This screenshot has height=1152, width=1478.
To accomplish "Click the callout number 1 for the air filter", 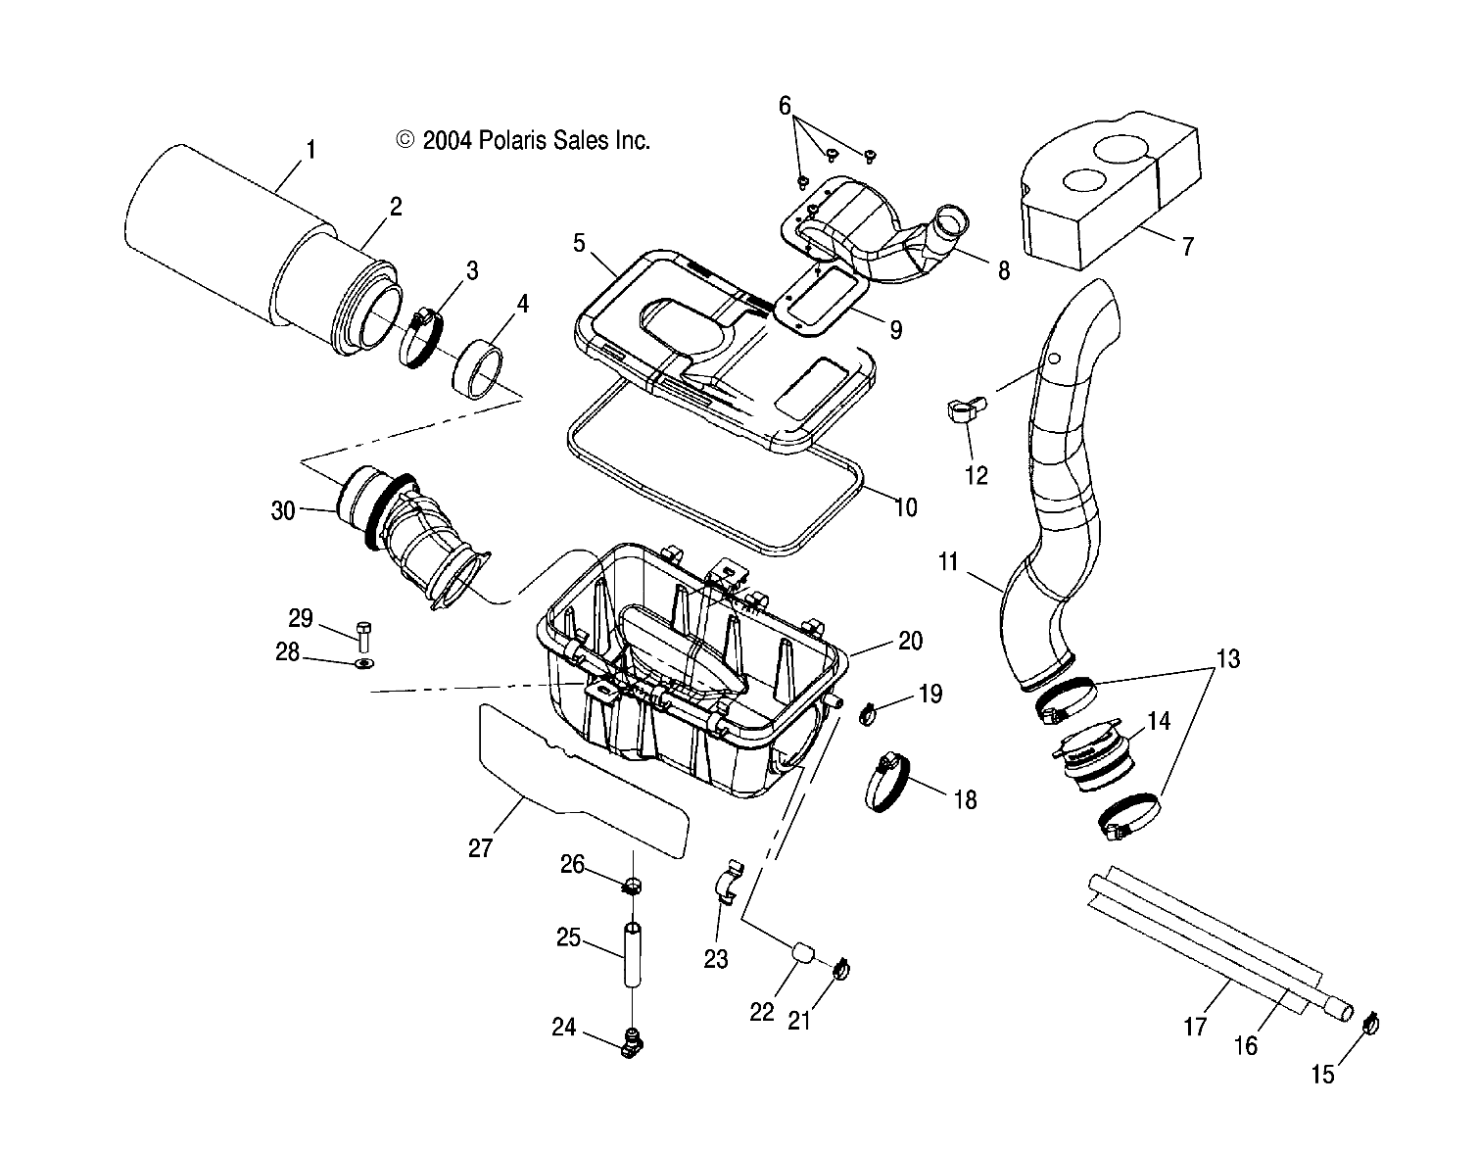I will point(310,150).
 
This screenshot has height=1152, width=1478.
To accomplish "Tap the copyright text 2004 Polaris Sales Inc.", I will point(523,140).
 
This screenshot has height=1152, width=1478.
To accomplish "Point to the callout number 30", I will point(282,510).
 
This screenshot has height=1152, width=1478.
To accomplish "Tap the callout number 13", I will point(1227,659).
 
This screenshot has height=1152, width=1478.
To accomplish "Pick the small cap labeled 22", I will point(802,953).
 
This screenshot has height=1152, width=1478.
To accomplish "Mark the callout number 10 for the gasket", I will point(906,506).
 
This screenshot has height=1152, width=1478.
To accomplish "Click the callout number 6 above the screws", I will point(785,106).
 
